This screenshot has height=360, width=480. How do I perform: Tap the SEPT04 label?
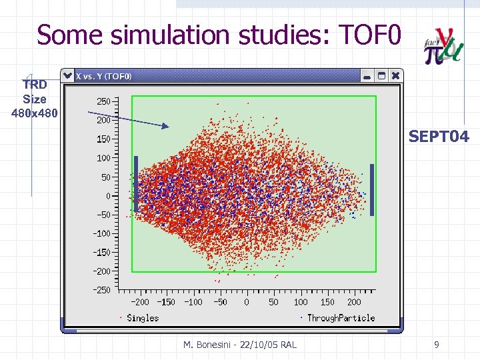[439, 137]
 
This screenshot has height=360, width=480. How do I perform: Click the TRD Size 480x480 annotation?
[35, 99]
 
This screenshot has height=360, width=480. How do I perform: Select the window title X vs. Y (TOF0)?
[104, 76]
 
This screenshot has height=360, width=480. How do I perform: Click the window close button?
[396, 76]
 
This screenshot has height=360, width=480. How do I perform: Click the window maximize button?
[381, 76]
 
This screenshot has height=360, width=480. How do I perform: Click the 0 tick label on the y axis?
[108, 196]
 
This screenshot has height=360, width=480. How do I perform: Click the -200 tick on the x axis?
[139, 302]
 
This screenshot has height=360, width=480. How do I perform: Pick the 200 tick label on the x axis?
[354, 302]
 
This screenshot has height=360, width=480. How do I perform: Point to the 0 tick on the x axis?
[247, 302]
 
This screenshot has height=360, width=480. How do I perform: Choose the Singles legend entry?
[142, 318]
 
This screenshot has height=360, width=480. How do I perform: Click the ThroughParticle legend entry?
[340, 318]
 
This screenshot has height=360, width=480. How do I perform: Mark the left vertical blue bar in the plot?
[136, 184]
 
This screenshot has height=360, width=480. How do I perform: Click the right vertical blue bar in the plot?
[372, 190]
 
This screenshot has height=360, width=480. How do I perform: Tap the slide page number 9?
[436, 345]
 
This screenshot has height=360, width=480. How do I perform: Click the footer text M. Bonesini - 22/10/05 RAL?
[240, 345]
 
